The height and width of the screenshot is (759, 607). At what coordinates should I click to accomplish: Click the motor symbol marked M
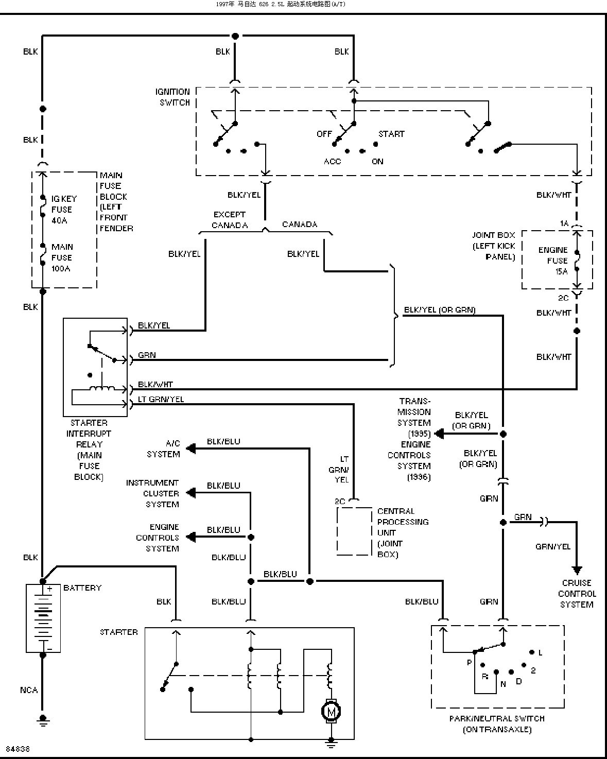(x=331, y=711)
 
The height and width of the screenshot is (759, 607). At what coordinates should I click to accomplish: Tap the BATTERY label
(x=82, y=588)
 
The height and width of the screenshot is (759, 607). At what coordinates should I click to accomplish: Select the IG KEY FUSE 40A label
(x=64, y=210)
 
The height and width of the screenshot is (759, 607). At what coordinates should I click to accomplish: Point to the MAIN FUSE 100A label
(x=62, y=257)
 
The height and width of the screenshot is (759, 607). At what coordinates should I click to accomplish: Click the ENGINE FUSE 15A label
(x=553, y=261)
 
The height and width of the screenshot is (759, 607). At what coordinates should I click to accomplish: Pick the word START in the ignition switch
(x=391, y=134)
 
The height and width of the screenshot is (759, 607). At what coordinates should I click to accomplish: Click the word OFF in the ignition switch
(x=324, y=134)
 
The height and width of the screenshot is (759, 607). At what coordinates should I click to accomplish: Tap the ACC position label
(x=332, y=162)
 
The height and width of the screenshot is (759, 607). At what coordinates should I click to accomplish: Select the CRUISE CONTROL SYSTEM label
(x=577, y=594)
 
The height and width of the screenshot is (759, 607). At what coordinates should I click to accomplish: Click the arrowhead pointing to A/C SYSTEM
(x=191, y=449)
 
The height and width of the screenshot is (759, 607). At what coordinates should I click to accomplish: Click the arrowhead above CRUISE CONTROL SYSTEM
(x=577, y=570)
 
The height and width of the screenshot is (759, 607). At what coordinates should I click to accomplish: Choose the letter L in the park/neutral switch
(x=541, y=652)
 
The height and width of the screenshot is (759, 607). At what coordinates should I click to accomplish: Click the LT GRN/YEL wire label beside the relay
(x=161, y=399)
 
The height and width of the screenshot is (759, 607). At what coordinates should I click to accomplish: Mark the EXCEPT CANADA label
(x=230, y=220)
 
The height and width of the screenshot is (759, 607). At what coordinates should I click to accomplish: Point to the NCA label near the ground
(x=29, y=690)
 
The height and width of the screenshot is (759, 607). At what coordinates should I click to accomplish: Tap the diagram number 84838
(x=18, y=748)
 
